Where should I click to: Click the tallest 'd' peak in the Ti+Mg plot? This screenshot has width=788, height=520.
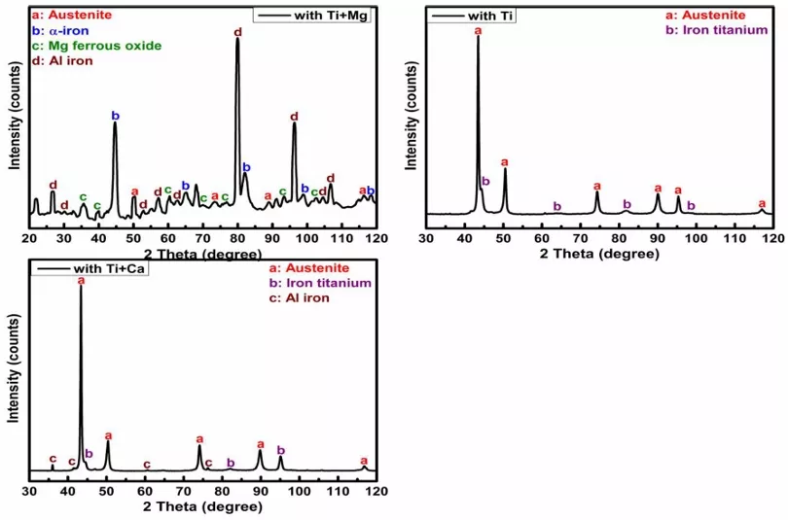click(x=237, y=41)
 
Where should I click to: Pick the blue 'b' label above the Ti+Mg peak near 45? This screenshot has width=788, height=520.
click(x=115, y=116)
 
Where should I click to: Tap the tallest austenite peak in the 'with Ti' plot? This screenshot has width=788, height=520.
click(x=478, y=39)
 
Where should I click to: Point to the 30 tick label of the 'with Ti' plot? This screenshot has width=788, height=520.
click(x=425, y=237)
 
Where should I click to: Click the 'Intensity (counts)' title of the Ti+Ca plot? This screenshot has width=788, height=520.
click(x=14, y=369)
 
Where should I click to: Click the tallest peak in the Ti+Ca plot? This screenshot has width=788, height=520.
click(x=81, y=290)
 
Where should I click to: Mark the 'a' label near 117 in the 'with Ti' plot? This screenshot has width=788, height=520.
click(x=761, y=203)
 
